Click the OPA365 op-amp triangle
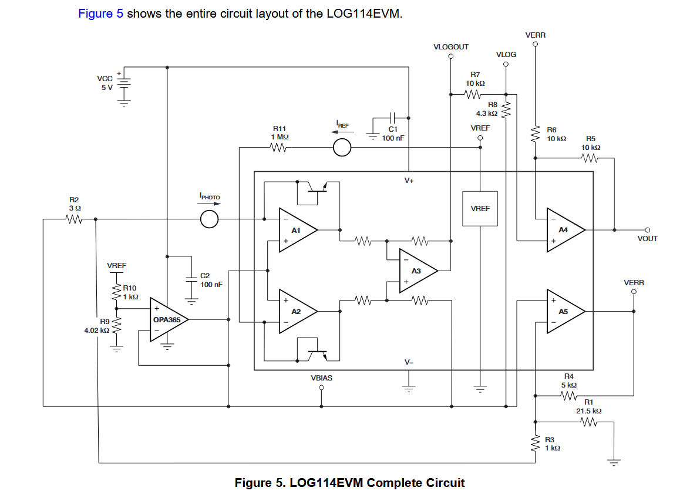tap(169, 320)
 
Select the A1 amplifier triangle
tap(298, 230)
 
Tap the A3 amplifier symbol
tap(418, 271)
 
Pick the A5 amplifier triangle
tap(565, 311)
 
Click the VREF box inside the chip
tap(480, 209)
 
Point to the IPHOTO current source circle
tap(210, 219)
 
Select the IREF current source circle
tap(342, 147)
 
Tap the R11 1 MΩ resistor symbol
tap(279, 148)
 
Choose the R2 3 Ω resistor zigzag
tap(74, 219)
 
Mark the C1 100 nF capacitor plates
tap(392, 118)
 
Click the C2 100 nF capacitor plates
tap(191, 279)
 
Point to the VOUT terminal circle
tap(648, 230)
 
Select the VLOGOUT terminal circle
tap(451, 56)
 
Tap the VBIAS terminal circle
tap(321, 388)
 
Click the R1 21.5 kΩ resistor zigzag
tap(588, 422)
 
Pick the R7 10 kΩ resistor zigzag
tap(473, 94)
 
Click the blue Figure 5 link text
tap(100, 14)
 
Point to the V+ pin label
tap(409, 181)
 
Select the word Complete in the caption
tap(394, 483)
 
